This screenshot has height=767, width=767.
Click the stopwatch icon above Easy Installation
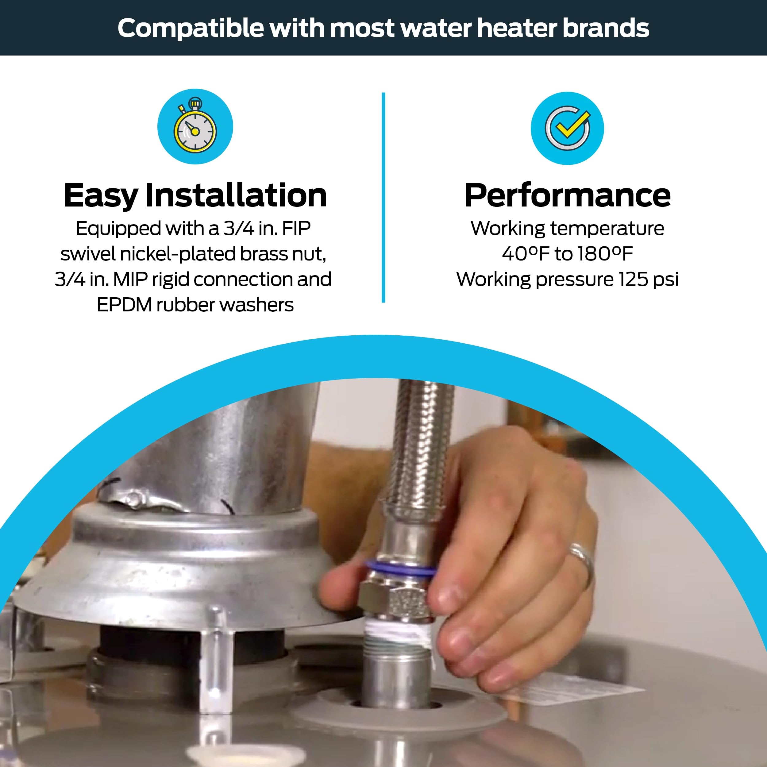tap(195, 126)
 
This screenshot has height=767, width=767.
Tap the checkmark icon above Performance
tap(567, 128)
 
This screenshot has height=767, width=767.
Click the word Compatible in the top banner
tap(191, 29)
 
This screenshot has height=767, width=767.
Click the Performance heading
tap(567, 195)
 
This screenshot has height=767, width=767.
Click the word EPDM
tap(124, 305)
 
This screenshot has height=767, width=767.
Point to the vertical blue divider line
tap(383, 198)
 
